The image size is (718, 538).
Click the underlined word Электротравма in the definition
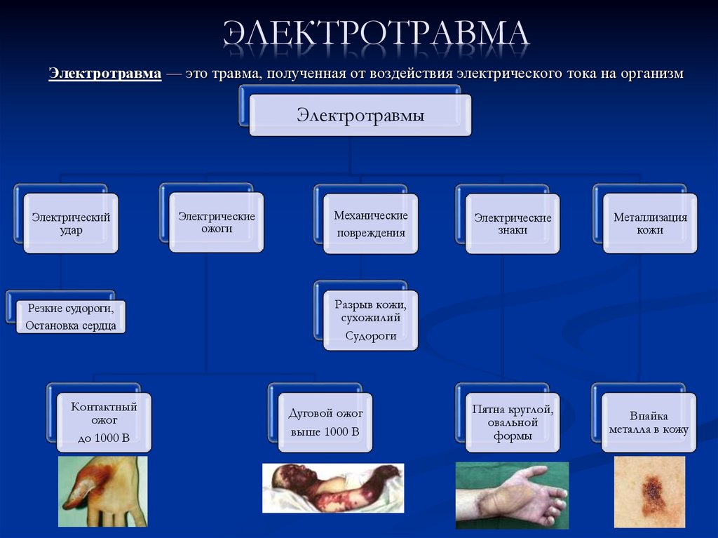pyautogui.click(x=104, y=74)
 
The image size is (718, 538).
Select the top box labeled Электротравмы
pyautogui.click(x=360, y=115)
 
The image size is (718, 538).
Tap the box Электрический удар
pyautogui.click(x=70, y=223)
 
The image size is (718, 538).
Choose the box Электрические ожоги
pyautogui.click(x=216, y=222)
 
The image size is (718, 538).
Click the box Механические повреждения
pyautogui.click(x=370, y=224)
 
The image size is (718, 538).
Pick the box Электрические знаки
pyautogui.click(x=513, y=223)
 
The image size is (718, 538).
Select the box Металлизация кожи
pyautogui.click(x=650, y=223)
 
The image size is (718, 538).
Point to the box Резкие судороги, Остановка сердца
pyautogui.click(x=70, y=316)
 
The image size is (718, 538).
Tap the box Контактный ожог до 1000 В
pyautogui.click(x=104, y=422)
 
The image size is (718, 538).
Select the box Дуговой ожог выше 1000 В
pyautogui.click(x=325, y=422)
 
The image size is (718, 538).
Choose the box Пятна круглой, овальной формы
pyautogui.click(x=513, y=422)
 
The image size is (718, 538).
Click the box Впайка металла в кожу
pyautogui.click(x=649, y=422)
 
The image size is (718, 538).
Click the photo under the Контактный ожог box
pyautogui.click(x=102, y=491)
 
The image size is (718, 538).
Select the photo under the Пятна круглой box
pyautogui.click(x=512, y=495)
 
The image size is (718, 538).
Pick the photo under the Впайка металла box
pyautogui.click(x=649, y=491)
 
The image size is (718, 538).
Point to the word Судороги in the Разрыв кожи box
pyautogui.click(x=370, y=335)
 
